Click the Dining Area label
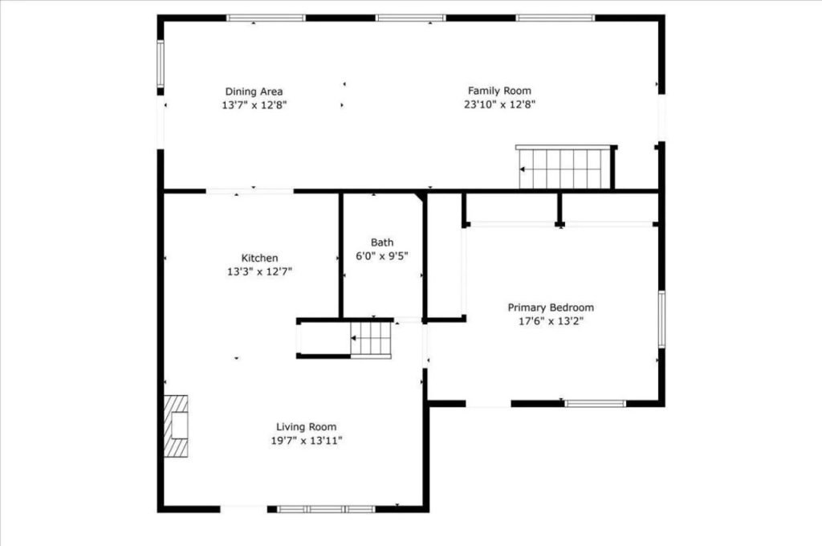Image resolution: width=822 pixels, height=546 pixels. pos(254,92)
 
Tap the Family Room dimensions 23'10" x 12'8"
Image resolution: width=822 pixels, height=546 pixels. pos(499,104)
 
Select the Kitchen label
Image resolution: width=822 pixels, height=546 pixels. pos(260,258)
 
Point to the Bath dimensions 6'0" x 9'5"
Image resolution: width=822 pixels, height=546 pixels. pos(382,256)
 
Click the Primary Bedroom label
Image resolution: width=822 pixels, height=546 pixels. pos(551,308)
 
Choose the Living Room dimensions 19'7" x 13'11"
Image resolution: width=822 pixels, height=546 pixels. pos(306,440)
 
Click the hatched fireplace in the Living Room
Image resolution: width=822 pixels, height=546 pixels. pos(176,426)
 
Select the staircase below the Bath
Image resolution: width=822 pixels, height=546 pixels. pos(371,338)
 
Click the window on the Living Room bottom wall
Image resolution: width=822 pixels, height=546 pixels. pos(327,508)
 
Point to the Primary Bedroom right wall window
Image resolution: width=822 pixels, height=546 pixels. pos(661,319)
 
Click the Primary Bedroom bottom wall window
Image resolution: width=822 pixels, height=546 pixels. pos(595,403)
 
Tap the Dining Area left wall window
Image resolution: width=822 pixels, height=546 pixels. pos(161,64)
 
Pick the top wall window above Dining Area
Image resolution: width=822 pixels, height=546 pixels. pos(266,18)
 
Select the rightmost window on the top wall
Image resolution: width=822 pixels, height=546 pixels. pos(555,18)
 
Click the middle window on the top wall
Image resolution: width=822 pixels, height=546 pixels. pos(411,18)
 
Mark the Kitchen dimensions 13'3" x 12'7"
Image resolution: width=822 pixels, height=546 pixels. pos(260,271)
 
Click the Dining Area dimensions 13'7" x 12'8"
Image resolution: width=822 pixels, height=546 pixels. pos(254,104)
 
